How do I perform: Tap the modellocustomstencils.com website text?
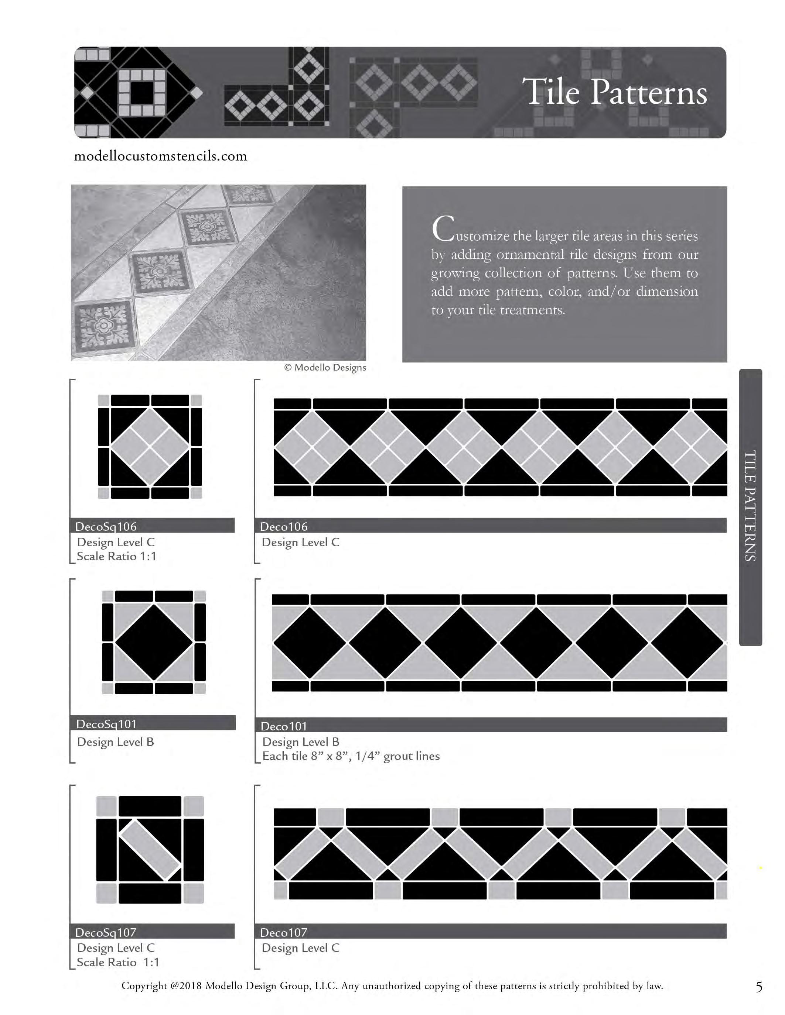point(160,156)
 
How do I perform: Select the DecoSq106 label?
point(106,527)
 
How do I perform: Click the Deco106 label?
point(284,527)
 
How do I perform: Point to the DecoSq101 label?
point(106,724)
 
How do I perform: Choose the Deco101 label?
point(284,726)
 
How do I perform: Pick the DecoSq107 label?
point(106,932)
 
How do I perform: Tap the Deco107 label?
point(284,932)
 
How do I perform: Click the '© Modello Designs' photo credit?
point(325,368)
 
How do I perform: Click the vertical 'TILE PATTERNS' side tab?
point(750,506)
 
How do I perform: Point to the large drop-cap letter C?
point(442,229)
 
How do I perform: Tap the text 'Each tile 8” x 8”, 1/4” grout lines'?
point(351,756)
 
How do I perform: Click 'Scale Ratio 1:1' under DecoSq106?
point(116,556)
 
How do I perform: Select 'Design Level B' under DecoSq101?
point(115,742)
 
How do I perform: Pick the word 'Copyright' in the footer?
point(144,986)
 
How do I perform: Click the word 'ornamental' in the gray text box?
point(530,255)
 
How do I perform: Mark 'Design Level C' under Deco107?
point(300,948)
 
